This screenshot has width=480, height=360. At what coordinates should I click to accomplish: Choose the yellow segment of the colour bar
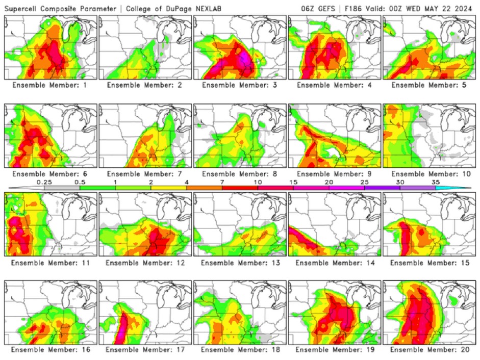[169, 188]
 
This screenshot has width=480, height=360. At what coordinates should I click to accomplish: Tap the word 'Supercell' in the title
[21, 9]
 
